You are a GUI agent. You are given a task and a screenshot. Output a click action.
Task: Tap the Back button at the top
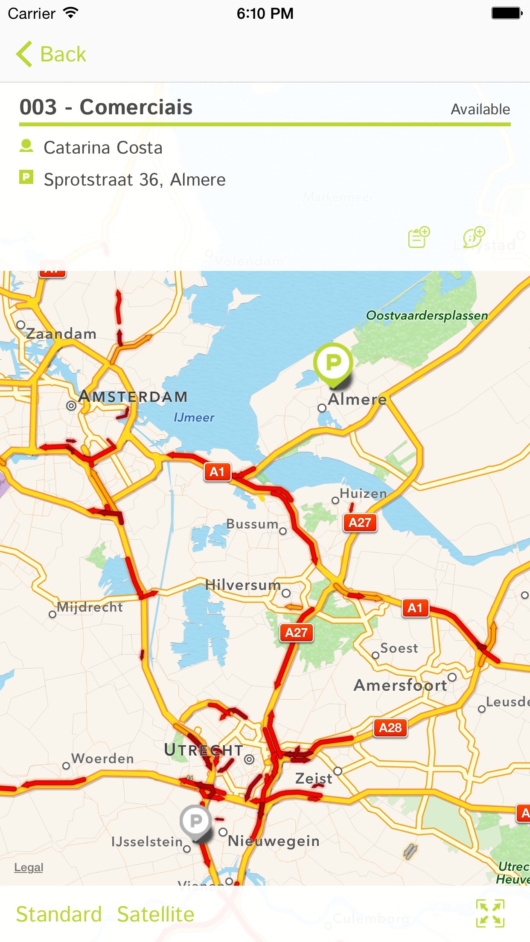pos(51,54)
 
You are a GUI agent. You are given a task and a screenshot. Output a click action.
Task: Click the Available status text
pos(480,110)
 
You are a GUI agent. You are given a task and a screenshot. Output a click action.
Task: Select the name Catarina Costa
pos(103,148)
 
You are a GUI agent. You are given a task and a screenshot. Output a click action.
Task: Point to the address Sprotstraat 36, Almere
pos(134,180)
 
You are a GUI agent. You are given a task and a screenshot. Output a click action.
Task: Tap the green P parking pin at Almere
pos(333,363)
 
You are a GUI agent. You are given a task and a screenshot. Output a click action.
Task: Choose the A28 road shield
pos(390,727)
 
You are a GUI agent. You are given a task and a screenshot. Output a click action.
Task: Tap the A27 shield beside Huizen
pos(360,523)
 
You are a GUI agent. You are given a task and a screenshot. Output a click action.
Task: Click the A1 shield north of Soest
pos(415,608)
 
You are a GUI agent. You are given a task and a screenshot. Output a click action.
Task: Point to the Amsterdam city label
pos(133,397)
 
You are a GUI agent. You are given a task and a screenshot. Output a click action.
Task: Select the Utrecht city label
pos(204,750)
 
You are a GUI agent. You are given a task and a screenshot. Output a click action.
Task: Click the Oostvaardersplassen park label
pos(427,316)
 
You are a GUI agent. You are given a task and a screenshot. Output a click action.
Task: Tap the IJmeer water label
pos(194,417)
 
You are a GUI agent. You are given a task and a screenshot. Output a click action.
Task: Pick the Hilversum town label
pos(243,585)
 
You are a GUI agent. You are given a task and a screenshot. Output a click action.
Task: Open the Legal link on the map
pos(29,867)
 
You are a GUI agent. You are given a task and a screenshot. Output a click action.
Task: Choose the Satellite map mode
pos(155,914)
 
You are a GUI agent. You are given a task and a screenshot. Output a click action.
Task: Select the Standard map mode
pos(59,914)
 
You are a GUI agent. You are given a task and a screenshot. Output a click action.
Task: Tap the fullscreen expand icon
pos(490,913)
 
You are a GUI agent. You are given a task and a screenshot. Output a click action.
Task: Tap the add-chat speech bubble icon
pos(474,237)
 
